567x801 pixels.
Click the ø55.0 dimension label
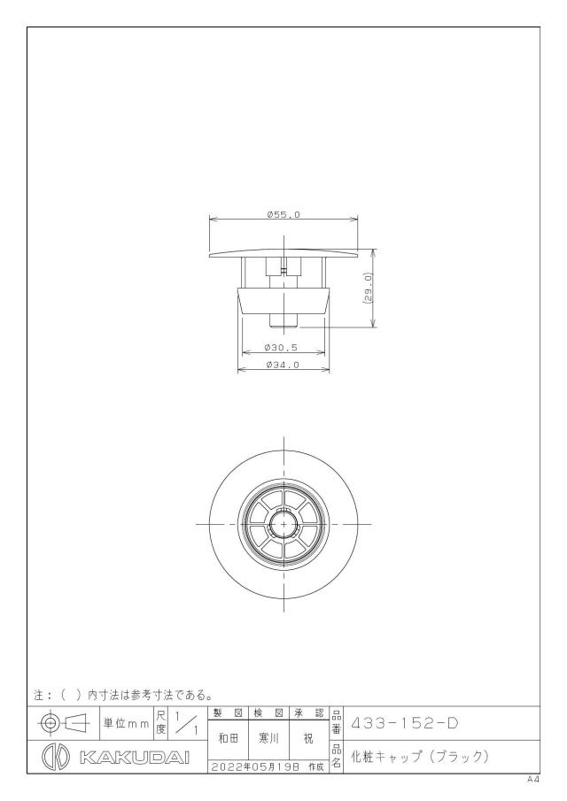[x=283, y=214]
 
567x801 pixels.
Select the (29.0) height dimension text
[x=369, y=289]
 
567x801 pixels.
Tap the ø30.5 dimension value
[x=281, y=347]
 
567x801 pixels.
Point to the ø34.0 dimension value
[x=283, y=365]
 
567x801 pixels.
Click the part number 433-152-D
[x=404, y=723]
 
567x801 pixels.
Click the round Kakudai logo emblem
[x=55, y=757]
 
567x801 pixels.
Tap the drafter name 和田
[x=228, y=739]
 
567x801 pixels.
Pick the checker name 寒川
[x=269, y=739]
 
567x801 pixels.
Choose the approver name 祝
[x=308, y=739]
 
